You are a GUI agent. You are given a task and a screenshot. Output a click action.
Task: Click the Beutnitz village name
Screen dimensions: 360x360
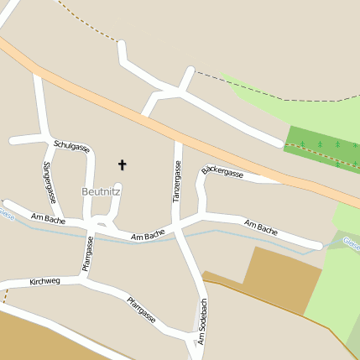(x=101, y=191)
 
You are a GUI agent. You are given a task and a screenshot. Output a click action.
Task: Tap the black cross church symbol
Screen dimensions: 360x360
(x=123, y=164)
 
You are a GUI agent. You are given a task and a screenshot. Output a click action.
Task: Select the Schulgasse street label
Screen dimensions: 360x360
(x=71, y=145)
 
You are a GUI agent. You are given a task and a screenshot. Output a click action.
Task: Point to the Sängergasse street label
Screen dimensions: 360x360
(x=48, y=183)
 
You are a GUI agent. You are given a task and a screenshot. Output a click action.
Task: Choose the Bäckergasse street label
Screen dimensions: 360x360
(x=223, y=173)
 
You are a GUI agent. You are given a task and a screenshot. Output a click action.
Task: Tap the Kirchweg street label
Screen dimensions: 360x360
(x=44, y=281)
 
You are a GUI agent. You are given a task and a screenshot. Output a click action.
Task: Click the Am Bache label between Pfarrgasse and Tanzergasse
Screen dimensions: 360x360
(x=148, y=237)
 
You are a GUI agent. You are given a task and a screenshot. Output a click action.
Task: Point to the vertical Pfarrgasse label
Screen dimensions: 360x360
(x=86, y=254)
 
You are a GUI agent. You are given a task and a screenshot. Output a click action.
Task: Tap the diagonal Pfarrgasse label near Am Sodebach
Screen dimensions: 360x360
(x=142, y=310)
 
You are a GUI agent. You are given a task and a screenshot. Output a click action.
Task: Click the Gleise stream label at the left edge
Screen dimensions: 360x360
(x=6, y=214)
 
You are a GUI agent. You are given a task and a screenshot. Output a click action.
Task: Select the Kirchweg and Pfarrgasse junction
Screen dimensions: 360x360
(x=87, y=279)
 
